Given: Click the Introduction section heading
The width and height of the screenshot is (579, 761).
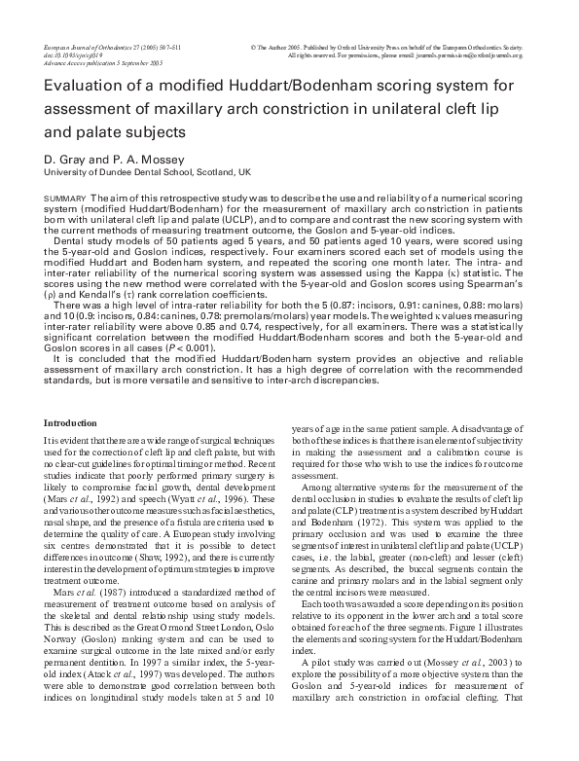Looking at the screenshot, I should coord(71,422).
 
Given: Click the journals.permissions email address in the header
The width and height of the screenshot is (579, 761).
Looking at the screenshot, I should coord(476,55).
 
